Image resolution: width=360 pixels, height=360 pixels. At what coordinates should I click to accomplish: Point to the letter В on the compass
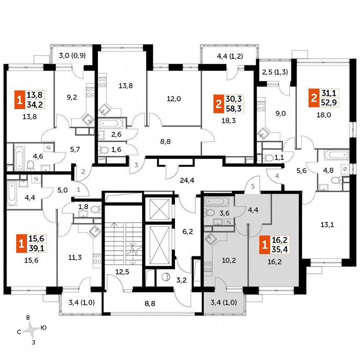(x=28, y=317)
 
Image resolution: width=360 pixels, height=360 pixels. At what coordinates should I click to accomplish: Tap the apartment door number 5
(x=252, y=186)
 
